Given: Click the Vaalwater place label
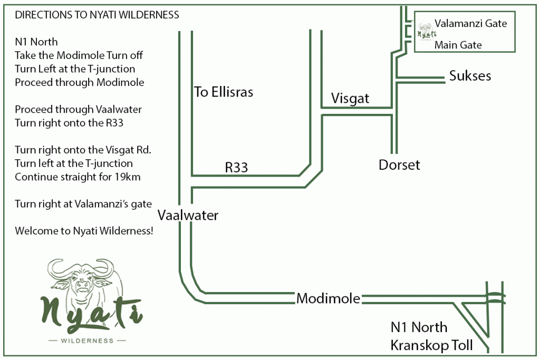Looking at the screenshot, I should coord(188,216).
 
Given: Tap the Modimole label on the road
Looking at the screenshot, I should coord(328,299).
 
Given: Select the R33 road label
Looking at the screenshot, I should coord(236,168).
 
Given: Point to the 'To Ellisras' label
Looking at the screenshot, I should coord(224,92).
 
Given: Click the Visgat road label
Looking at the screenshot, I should coord(350,99).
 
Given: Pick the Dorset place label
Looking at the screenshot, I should coord(399,165).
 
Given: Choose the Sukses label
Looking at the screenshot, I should coord(470,76).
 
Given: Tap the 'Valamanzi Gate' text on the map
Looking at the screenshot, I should coord(470,23).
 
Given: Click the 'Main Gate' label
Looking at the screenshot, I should coord(458,45).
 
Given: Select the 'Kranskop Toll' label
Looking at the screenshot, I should coord(431,346).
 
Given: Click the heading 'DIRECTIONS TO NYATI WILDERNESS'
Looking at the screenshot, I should coord(97,15).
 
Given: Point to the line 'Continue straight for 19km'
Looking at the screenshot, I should coord(78,177).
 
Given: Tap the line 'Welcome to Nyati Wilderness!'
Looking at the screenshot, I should coord(84,231).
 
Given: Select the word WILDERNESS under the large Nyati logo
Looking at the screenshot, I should coord(87,340).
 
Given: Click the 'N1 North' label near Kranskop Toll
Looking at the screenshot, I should coord(419,328).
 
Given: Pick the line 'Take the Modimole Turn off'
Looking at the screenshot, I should coord(79,55).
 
